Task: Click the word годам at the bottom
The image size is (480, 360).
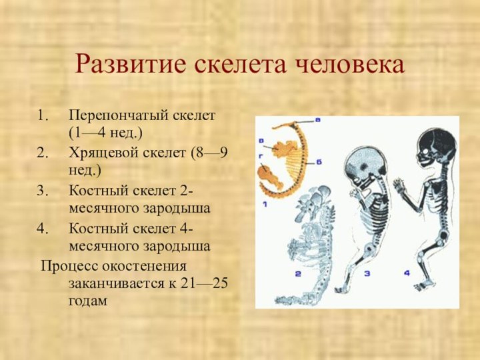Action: [88, 302]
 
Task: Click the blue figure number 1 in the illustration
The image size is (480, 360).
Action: [265, 204]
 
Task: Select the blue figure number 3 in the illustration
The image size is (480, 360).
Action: [366, 273]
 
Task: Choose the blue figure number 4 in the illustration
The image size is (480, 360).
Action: [407, 273]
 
